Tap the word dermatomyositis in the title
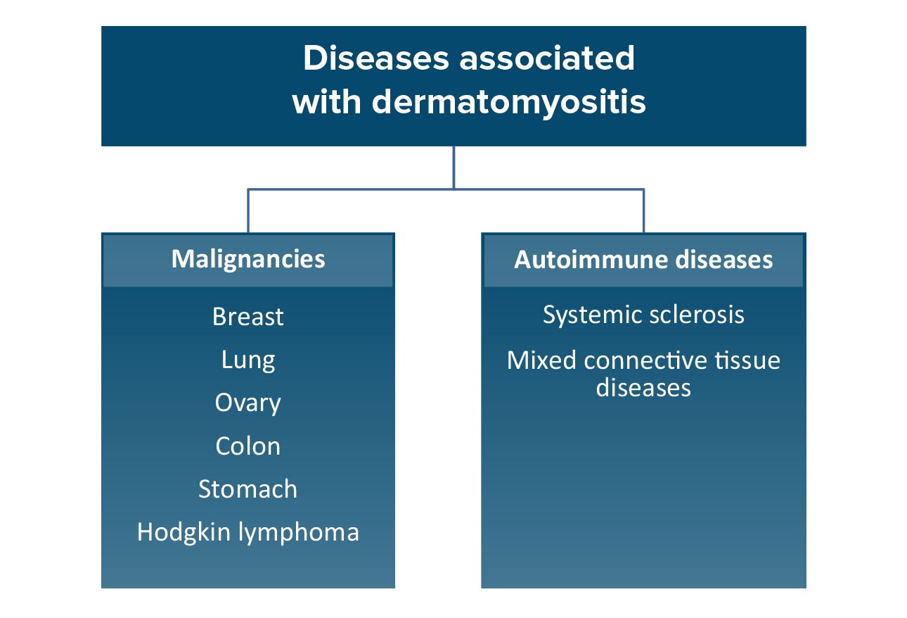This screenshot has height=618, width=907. [508, 102]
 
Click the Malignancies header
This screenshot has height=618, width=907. [248, 259]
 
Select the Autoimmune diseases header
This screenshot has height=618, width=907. [643, 259]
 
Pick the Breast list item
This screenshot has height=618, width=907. [248, 317]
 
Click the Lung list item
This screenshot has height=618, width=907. [248, 360]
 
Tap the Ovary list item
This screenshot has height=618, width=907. [248, 403]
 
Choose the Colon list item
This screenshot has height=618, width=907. [248, 446]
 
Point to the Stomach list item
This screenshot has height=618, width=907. [248, 489]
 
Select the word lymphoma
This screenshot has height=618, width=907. [299, 532]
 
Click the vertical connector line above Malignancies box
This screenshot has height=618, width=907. [248, 211]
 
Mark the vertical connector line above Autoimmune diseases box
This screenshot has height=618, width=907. [643, 211]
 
